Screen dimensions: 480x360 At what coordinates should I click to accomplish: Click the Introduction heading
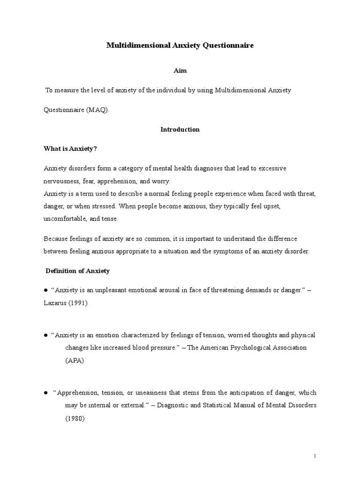coord(180,129)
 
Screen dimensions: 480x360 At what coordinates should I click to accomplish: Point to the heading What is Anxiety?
coord(70,149)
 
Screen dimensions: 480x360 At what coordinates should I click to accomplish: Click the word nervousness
coord(61,180)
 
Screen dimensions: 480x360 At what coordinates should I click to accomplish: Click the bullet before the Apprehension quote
coord(46,392)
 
